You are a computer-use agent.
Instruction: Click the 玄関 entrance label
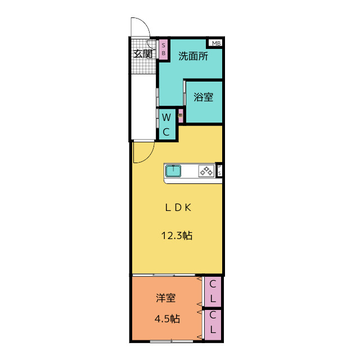pos(143,54)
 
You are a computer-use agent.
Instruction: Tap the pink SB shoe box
pos(164,49)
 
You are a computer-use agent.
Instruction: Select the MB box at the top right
pos(216,43)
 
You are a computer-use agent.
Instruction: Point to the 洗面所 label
pos(192,56)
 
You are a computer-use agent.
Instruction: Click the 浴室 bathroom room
pos(204,97)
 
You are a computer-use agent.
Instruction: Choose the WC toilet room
pos(167,124)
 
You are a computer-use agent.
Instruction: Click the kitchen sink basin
pos(174,171)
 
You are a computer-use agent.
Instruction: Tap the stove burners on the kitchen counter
pos(206,171)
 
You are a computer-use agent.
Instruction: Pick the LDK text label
pos(178,207)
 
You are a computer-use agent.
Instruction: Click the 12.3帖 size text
pos(178,236)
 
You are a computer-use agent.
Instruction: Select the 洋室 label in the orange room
pos(166,298)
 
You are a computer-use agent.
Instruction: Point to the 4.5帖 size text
pos(167,319)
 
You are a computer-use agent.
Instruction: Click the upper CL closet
pos(213,291)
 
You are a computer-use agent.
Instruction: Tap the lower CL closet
pos(213,325)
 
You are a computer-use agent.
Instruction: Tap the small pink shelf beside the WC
pos(181,115)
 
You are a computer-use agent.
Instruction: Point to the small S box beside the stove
pos(219,170)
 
